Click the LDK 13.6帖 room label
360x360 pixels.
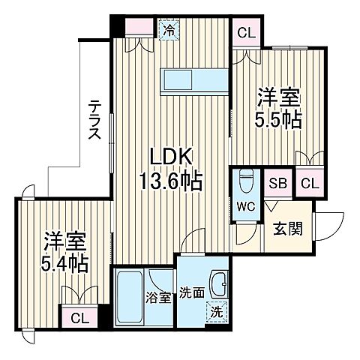tap(173, 169)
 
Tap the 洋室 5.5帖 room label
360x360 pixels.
tap(280, 108)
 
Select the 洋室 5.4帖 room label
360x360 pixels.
tap(64, 252)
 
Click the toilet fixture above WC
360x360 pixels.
tap(244, 183)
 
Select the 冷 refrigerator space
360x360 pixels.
tap(169, 31)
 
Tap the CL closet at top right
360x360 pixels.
tap(245, 34)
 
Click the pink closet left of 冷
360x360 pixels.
tap(137, 29)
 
